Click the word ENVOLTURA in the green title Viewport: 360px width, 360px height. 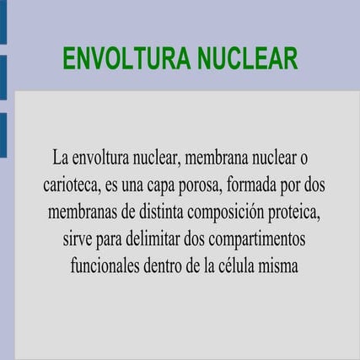tap(126, 59)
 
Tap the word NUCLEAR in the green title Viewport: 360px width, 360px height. tap(247, 59)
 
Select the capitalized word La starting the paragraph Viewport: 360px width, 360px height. tap(59, 159)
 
